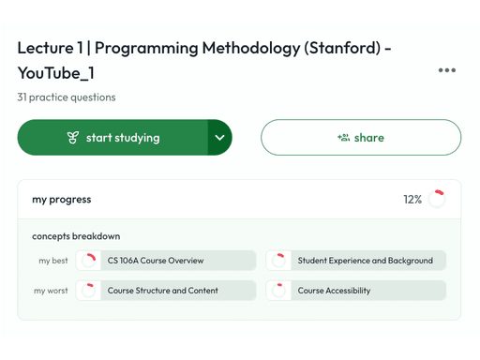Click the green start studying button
pyautogui.click(x=112, y=138)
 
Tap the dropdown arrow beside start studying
pyautogui.click(x=219, y=138)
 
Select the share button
pyautogui.click(x=361, y=138)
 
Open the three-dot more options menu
pyautogui.click(x=446, y=70)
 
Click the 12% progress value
pyautogui.click(x=412, y=200)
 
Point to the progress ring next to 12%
pyautogui.click(x=436, y=199)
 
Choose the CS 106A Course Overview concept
pyautogui.click(x=155, y=261)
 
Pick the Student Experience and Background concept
pyautogui.click(x=365, y=261)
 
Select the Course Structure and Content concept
pyautogui.click(x=162, y=291)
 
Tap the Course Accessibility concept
pyautogui.click(x=334, y=291)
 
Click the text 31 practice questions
pyautogui.click(x=66, y=97)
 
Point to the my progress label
pyautogui.click(x=61, y=200)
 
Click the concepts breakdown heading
pyautogui.click(x=76, y=236)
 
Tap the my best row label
pyautogui.click(x=53, y=261)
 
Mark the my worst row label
pyautogui.click(x=52, y=291)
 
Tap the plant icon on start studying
pyautogui.click(x=72, y=138)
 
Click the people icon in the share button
pyautogui.click(x=343, y=138)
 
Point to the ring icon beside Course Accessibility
pyautogui.click(x=278, y=291)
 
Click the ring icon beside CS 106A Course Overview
pyautogui.click(x=88, y=261)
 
